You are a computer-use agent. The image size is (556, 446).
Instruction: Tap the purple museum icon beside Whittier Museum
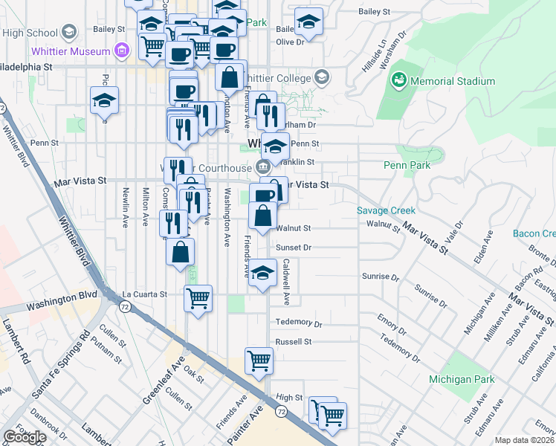(122, 51)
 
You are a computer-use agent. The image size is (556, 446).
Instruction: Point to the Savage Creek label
(386, 210)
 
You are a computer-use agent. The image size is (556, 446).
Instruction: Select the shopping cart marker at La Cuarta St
(198, 298)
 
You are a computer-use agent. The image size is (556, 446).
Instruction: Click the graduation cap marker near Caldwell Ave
(262, 272)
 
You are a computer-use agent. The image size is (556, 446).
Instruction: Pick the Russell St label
(293, 342)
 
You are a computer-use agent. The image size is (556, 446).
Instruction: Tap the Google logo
(25, 437)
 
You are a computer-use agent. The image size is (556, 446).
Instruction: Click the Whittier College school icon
(322, 77)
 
